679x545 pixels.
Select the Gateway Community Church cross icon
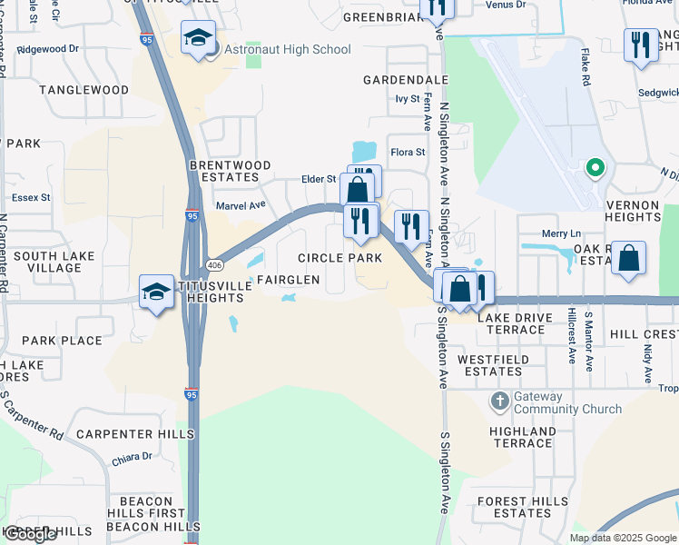(x=498, y=401)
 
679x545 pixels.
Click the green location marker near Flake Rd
(x=595, y=166)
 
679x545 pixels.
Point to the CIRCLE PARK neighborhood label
(x=340, y=258)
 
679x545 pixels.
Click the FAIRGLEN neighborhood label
(x=288, y=280)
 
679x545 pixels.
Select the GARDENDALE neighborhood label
(x=406, y=80)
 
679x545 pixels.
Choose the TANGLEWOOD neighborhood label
(x=84, y=90)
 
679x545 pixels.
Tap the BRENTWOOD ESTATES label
(x=230, y=171)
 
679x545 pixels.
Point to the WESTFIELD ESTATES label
(x=490, y=365)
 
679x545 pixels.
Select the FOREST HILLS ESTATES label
(x=515, y=507)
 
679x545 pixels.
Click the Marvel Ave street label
(x=240, y=205)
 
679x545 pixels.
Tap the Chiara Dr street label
(x=133, y=457)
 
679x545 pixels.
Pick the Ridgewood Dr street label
(x=48, y=48)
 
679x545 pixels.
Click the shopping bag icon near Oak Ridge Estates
(x=628, y=258)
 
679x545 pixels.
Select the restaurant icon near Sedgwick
(x=642, y=45)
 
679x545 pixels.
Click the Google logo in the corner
(x=30, y=534)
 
